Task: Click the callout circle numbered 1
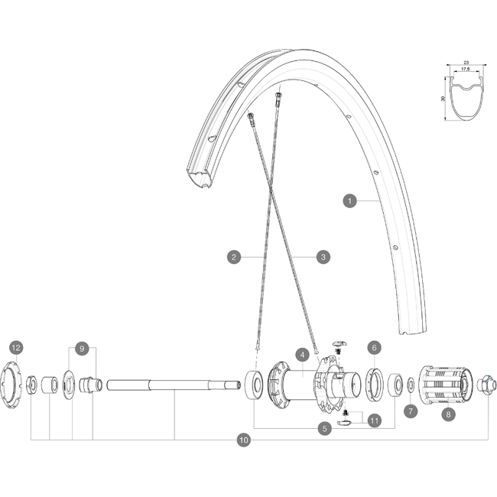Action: click(x=349, y=201)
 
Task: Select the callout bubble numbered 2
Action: click(x=234, y=257)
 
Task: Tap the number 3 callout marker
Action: click(x=323, y=257)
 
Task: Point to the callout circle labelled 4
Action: click(x=302, y=355)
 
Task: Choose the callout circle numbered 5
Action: click(x=325, y=429)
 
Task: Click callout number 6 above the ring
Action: click(x=375, y=348)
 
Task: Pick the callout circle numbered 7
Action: click(x=411, y=411)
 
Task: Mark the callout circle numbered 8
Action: click(x=449, y=414)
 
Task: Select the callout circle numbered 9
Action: click(x=82, y=349)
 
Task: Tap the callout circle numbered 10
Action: click(x=244, y=440)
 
